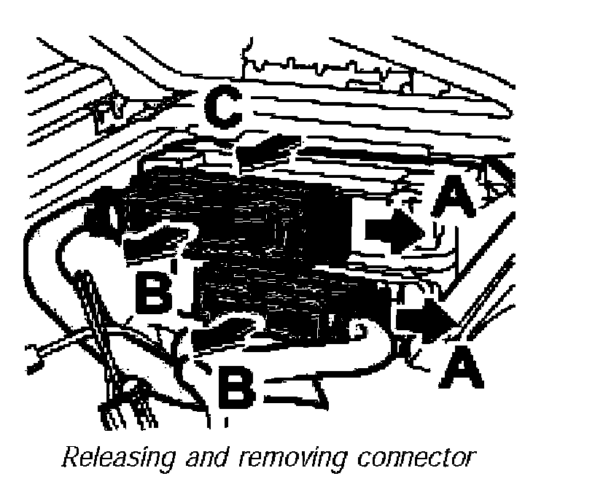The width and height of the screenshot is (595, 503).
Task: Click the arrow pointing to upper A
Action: coord(394,231)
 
